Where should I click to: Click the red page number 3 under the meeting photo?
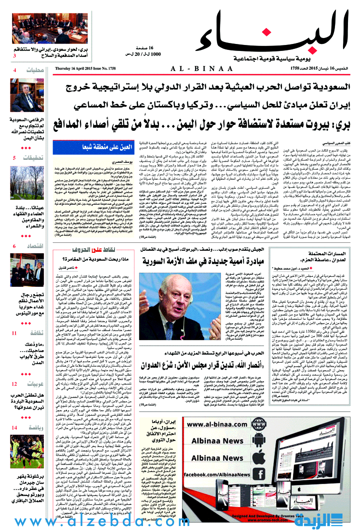point(14,56)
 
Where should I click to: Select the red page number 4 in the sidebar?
point(14,70)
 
